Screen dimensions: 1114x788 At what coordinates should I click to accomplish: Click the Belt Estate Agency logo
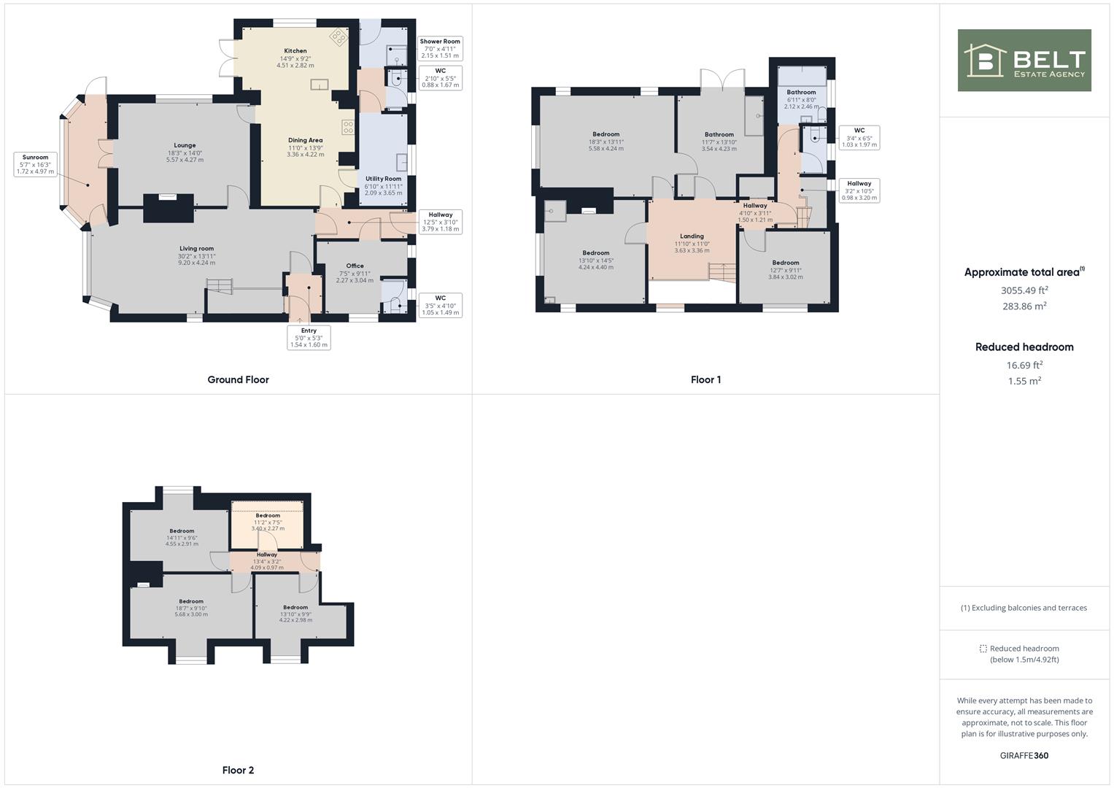coord(1024,60)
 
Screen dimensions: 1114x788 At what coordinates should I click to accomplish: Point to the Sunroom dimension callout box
coord(35,164)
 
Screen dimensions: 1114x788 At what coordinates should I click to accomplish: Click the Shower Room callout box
coord(440,48)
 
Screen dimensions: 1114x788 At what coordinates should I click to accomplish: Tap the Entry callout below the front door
coord(309,337)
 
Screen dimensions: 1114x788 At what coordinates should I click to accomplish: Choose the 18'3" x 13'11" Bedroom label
coord(606,142)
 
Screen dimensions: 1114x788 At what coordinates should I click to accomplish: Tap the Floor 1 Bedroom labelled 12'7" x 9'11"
coord(786,270)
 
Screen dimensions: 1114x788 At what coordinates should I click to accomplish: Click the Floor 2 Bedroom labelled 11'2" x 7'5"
coord(268,522)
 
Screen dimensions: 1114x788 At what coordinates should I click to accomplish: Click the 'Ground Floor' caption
coord(239,379)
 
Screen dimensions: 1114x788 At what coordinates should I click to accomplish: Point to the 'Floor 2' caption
coord(239,770)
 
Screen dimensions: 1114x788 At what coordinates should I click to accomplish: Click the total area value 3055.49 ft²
coord(1024,290)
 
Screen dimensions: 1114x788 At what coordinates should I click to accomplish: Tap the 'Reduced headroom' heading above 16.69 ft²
coord(1024,347)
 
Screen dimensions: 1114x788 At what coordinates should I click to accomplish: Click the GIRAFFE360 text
coord(1024,755)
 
